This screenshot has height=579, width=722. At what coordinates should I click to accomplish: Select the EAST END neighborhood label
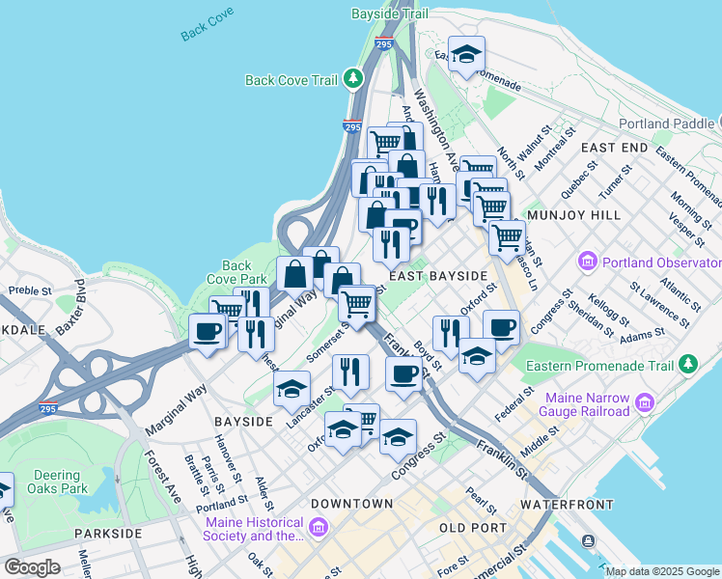614,147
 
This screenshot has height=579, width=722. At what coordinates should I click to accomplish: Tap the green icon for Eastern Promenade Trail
687,364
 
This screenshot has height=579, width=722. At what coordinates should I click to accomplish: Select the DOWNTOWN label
351,504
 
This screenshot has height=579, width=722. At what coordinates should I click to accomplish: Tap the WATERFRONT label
567,505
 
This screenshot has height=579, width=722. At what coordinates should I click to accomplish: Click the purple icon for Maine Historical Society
319,528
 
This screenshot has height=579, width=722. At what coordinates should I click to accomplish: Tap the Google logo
33,567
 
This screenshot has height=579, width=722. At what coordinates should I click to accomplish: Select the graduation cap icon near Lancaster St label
292,389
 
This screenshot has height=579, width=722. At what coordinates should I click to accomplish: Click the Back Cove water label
208,30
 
